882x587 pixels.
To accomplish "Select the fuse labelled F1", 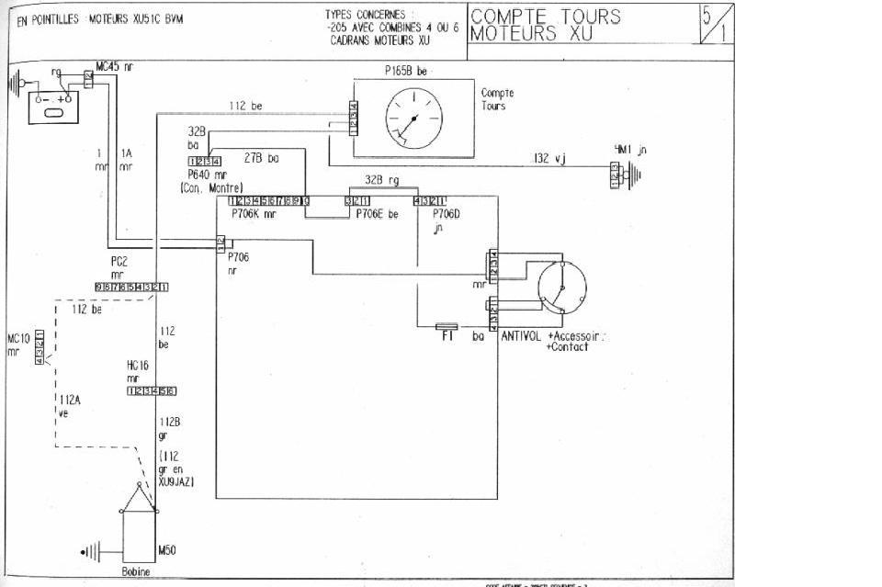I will (447, 326).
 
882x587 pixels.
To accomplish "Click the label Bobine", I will (135, 570).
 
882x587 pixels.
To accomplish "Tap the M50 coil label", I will (166, 550).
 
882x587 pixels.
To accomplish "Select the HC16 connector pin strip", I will (152, 391).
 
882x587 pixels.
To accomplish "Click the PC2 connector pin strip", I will (131, 287).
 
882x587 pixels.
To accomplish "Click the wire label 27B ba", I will (261, 158).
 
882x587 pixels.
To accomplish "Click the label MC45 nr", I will (114, 67).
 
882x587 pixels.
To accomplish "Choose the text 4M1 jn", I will (631, 150).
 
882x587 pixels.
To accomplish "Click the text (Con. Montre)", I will (212, 187).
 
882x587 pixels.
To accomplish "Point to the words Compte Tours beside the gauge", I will (497, 99).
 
